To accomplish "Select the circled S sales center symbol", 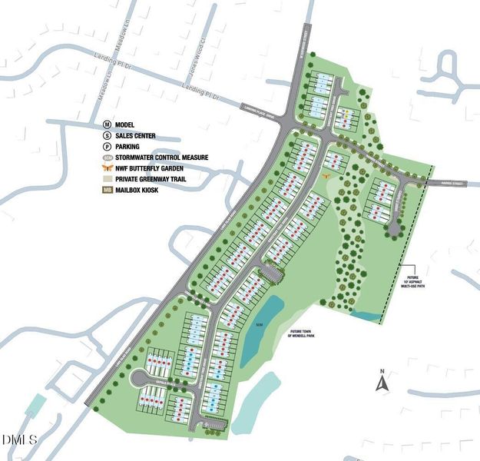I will coord(108,136).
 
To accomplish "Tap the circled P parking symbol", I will coord(108,147).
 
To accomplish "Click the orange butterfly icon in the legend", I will coord(108,167).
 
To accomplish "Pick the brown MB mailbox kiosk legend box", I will coord(108,190).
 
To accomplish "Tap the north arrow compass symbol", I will coord(382,382).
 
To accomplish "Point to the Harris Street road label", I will coord(454,183).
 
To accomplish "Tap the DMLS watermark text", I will coord(18,439).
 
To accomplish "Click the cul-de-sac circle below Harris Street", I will coord(394,227).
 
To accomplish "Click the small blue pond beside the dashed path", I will coord(366,316).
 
